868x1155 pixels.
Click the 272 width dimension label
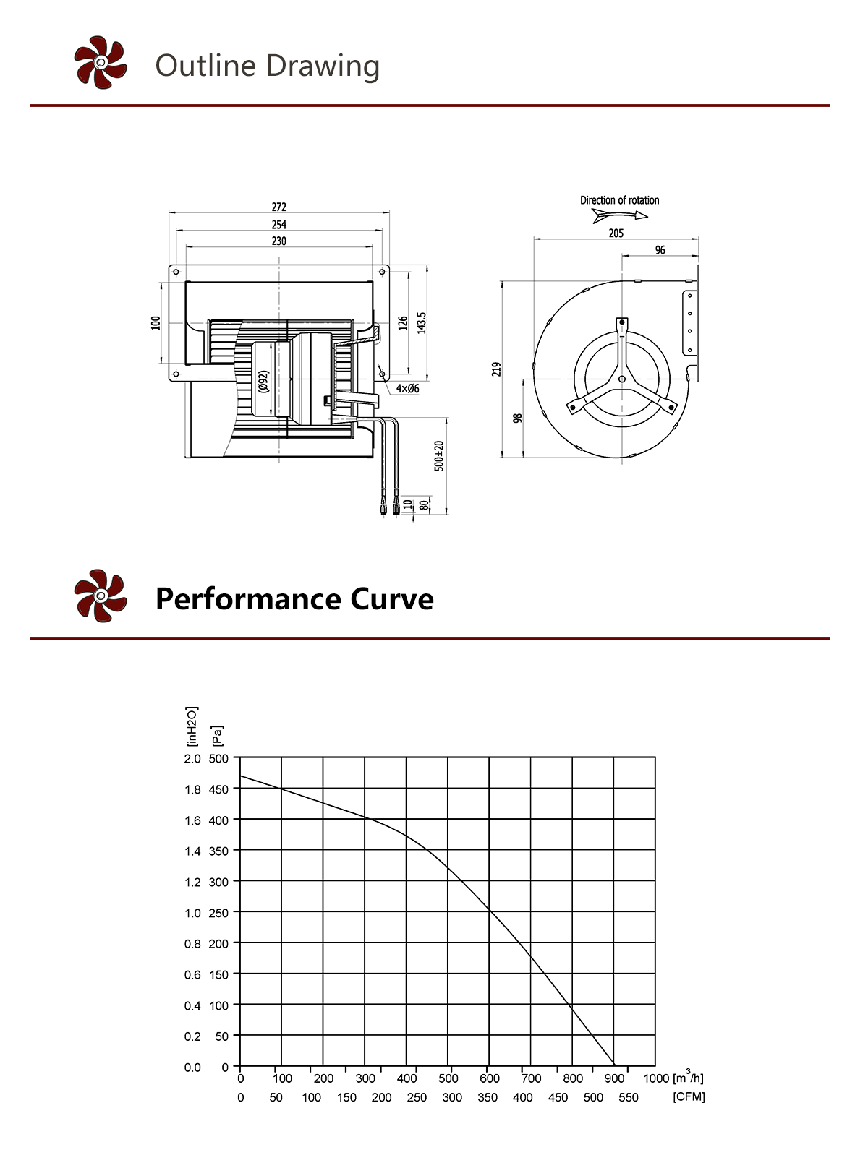[x=278, y=207]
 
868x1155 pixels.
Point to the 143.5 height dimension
[x=421, y=322]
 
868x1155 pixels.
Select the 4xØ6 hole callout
[x=407, y=388]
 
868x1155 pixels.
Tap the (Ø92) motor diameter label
[x=264, y=382]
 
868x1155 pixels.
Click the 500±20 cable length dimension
[x=438, y=455]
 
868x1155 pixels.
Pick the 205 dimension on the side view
[x=616, y=233]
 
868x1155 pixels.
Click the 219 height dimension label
[x=496, y=369]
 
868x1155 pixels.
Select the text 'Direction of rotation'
[x=619, y=200]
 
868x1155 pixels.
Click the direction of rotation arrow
[x=620, y=215]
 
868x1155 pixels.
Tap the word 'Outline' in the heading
[x=205, y=66]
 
